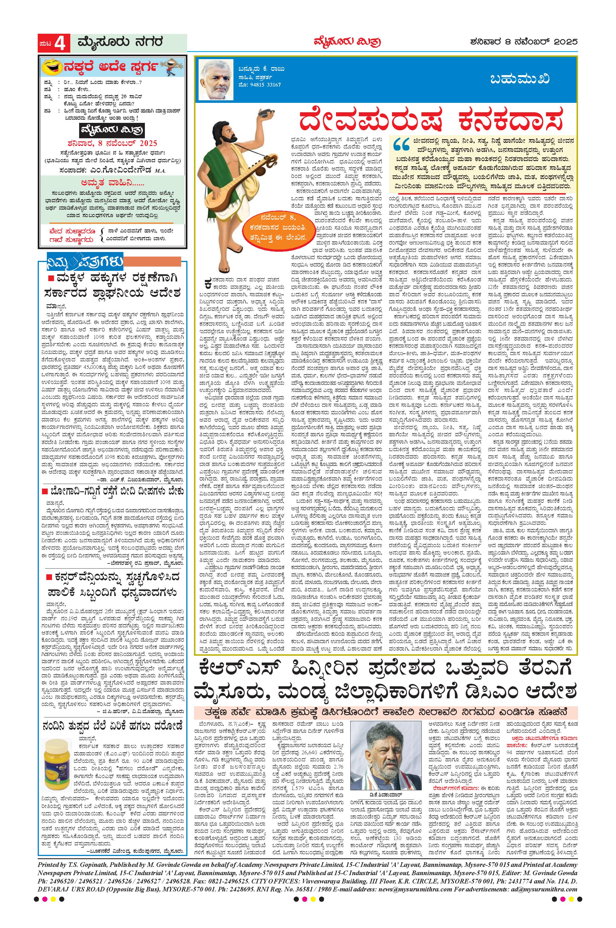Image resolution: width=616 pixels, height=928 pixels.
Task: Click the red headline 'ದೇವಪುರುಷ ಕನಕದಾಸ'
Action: (x=430, y=120)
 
